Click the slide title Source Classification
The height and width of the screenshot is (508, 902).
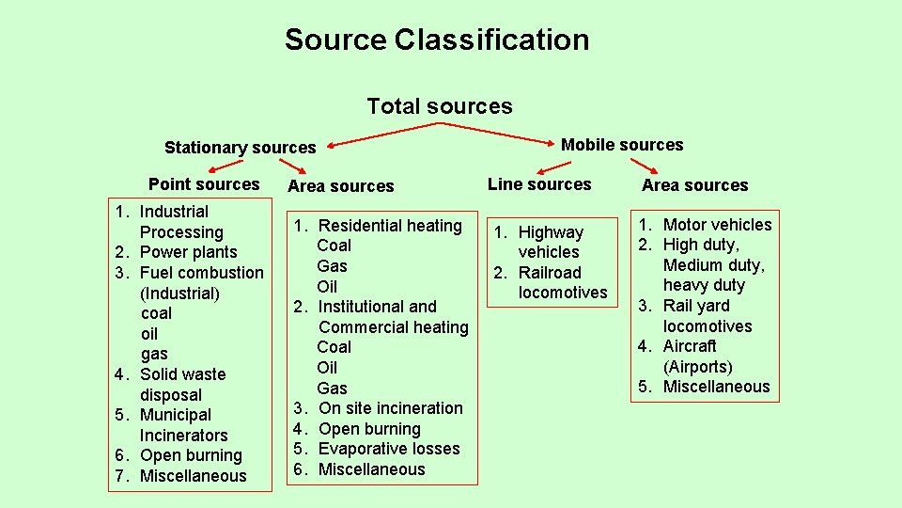437,40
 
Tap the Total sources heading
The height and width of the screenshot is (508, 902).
440,106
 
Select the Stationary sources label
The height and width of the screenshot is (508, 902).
240,148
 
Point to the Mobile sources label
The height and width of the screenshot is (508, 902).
622,145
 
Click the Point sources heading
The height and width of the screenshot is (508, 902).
204,184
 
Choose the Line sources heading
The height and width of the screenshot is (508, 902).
539,184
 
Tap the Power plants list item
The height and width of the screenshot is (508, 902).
188,252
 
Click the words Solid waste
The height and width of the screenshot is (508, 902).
182,374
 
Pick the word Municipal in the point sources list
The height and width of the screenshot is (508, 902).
175,415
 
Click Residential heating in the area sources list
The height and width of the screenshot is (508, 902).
390,226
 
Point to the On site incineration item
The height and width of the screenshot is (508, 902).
391,408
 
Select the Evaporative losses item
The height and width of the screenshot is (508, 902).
389,449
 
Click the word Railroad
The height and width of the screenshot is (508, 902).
550,273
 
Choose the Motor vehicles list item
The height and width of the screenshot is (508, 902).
717,225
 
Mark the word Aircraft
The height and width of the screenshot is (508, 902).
690,346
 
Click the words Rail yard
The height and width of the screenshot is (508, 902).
695,306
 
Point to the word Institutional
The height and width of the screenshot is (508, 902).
365,307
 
